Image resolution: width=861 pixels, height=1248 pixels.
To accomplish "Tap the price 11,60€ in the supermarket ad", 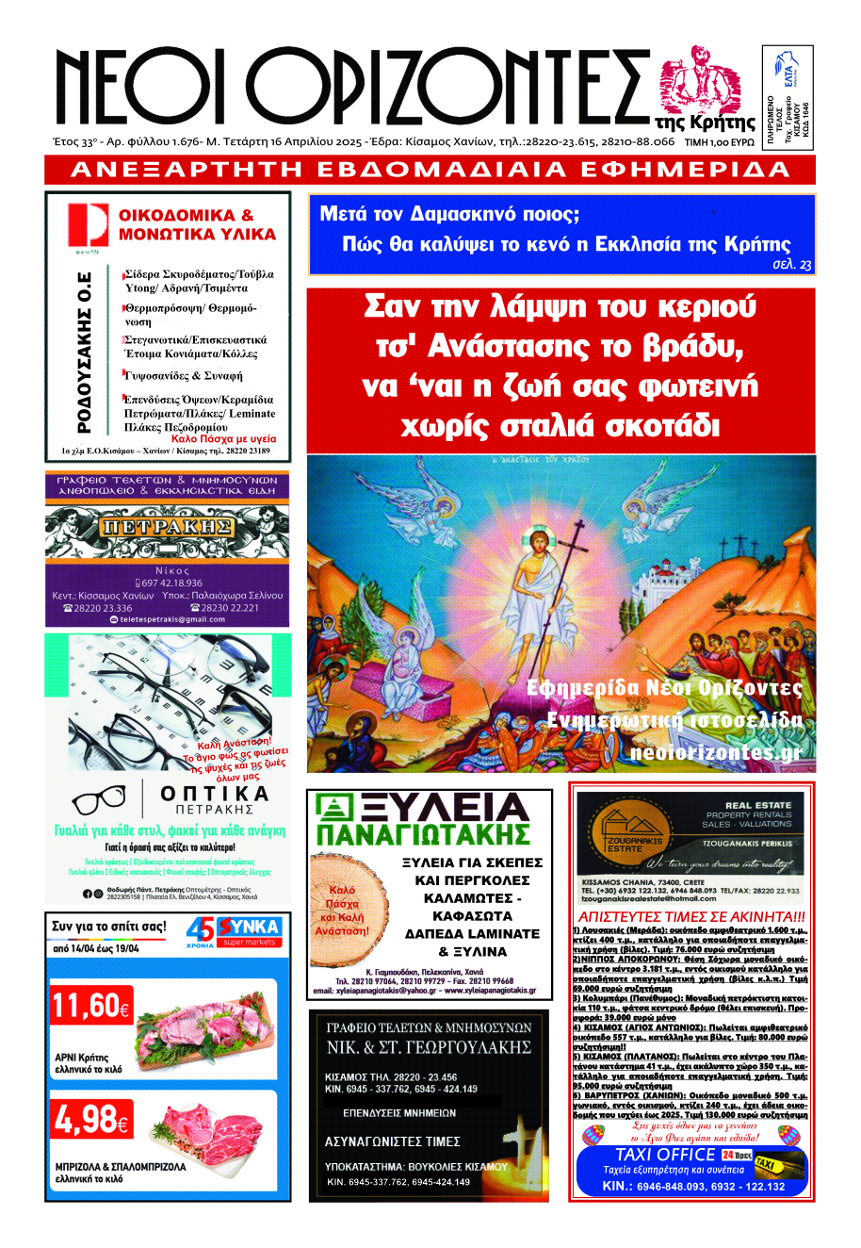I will point(90,1007).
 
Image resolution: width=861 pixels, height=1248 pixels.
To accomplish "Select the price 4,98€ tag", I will point(91,1119).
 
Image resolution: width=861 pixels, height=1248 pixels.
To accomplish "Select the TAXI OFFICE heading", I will point(665,1155).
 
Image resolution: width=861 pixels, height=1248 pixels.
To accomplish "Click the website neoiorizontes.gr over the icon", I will point(715,753).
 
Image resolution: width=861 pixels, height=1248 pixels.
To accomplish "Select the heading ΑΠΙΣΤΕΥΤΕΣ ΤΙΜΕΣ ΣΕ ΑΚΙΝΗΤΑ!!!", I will point(691,917).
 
